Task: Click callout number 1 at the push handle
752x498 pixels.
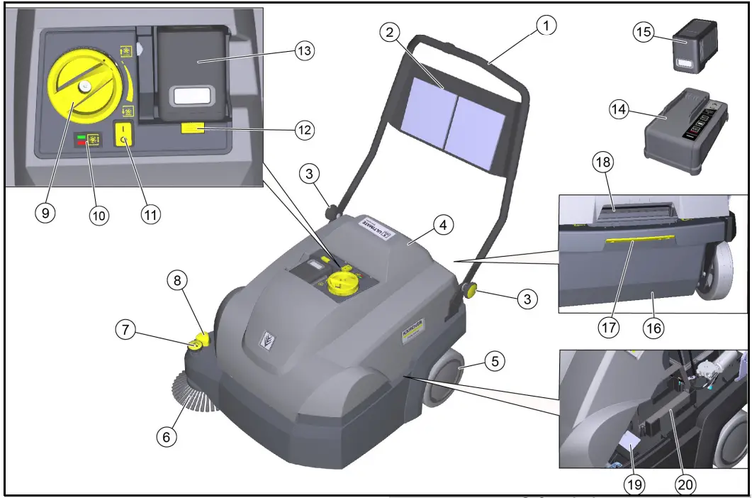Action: (546, 26)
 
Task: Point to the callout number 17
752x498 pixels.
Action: (609, 328)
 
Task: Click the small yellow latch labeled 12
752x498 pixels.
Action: (192, 128)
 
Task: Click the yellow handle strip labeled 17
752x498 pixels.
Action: (638, 240)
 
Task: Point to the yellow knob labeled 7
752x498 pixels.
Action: (194, 345)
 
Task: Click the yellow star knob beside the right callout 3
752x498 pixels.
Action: (471, 290)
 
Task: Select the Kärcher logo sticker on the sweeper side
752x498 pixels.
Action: (413, 331)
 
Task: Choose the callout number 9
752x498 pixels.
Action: (45, 214)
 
